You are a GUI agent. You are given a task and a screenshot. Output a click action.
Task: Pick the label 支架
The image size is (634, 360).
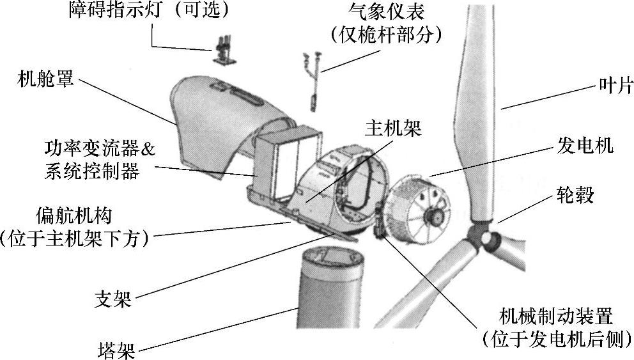pyautogui.click(x=113, y=299)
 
